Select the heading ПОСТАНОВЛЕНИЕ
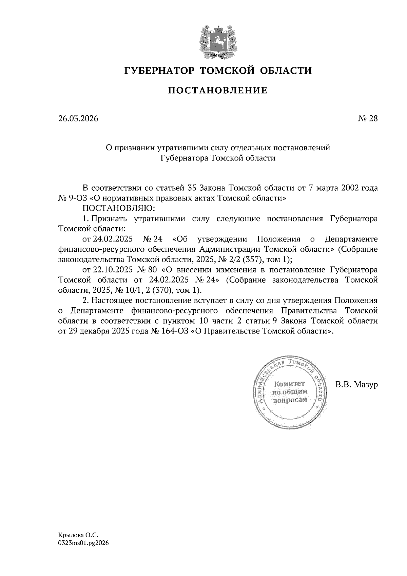(x=218, y=91)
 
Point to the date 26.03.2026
(x=78, y=119)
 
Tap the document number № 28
(x=368, y=119)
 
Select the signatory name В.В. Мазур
(x=356, y=385)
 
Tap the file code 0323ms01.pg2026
(x=83, y=543)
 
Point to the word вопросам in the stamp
(x=290, y=400)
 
